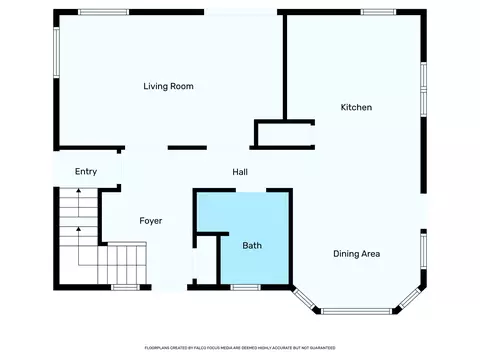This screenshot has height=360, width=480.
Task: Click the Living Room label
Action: (x=167, y=87)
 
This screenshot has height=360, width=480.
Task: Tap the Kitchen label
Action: (x=356, y=107)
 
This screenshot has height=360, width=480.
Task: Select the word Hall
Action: (x=240, y=171)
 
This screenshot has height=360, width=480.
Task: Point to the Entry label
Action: (x=86, y=172)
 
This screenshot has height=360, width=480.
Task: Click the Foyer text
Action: (x=150, y=220)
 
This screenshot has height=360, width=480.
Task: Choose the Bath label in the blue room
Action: (x=252, y=245)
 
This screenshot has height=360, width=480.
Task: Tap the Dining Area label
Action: (x=356, y=253)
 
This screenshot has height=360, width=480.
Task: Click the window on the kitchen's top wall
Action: (x=380, y=12)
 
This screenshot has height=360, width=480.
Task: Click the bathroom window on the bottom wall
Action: (x=245, y=288)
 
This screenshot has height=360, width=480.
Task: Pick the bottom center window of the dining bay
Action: (x=357, y=311)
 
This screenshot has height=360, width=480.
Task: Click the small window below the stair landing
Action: (x=125, y=288)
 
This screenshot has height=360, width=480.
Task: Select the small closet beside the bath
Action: (x=204, y=260)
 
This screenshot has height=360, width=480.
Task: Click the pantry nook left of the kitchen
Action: (x=284, y=135)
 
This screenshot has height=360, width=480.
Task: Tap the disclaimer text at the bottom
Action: (x=240, y=347)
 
